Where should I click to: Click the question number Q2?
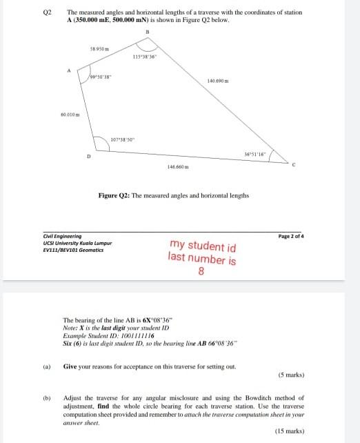coord(47,12)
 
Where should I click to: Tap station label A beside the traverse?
coord(69,70)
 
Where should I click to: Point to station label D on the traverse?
coord(88,156)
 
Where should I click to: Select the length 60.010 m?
coord(70,113)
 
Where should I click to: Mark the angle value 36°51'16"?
coord(255,153)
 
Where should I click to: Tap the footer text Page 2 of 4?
coord(291,236)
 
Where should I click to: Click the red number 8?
coord(201,271)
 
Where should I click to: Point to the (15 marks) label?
coord(290,431)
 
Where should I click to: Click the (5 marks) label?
coord(292,376)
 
